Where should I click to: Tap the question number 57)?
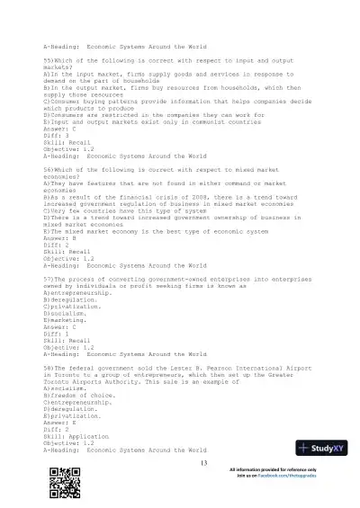[x=49, y=280]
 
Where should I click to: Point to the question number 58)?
[x=49, y=367]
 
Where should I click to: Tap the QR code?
[x=59, y=484]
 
